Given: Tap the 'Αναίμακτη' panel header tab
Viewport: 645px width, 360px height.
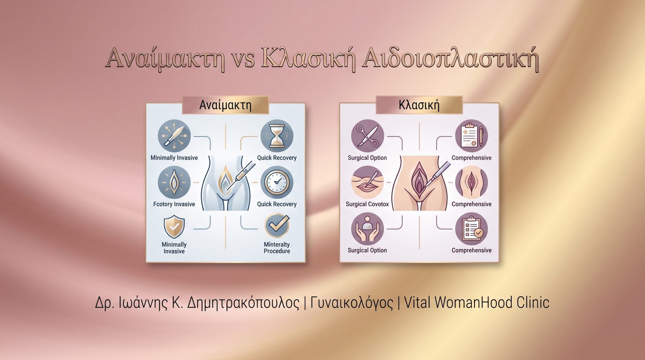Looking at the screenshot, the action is point(225,105).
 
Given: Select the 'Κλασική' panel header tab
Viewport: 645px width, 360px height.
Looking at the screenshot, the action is point(419,105).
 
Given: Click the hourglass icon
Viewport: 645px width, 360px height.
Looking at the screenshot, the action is point(277,136).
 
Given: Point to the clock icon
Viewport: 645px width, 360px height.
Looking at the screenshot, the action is point(277,182).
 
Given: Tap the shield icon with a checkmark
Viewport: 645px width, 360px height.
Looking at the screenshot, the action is point(174,227).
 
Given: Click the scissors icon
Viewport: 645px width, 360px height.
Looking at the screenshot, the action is point(367,136).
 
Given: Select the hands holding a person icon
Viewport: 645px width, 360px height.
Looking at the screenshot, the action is point(367,229).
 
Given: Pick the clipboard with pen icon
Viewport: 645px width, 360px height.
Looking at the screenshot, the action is point(471,136).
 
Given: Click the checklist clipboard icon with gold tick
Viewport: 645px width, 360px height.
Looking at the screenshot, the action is point(471,229).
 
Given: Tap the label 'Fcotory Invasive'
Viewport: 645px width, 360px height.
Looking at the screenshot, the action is point(174,204).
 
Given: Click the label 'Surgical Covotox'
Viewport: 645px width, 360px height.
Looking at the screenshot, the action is point(367,204).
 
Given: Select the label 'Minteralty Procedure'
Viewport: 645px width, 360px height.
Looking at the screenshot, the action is point(277,248).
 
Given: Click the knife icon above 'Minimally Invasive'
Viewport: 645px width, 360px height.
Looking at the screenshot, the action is point(174,136).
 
